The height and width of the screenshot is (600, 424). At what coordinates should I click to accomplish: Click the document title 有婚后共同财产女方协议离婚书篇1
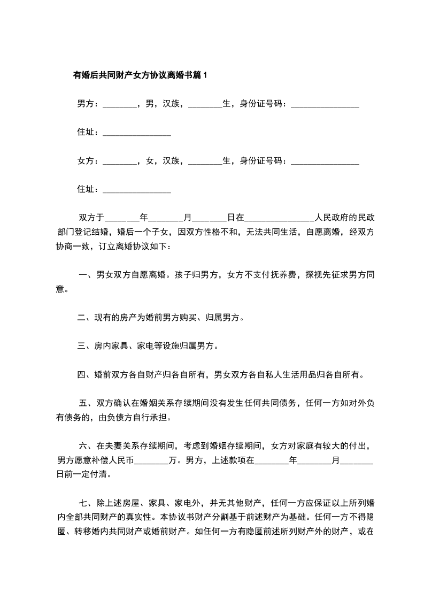[x=140, y=75]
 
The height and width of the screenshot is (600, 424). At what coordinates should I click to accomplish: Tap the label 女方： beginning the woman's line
[x=88, y=160]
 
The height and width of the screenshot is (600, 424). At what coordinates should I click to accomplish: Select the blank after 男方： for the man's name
[x=119, y=105]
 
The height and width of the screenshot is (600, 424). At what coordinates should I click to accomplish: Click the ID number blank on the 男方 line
[x=325, y=105]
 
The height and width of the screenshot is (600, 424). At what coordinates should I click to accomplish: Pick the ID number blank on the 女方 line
[x=325, y=161]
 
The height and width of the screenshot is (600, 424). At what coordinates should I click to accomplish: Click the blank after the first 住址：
[x=136, y=133]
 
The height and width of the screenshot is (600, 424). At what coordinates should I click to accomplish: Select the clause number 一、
[x=86, y=275]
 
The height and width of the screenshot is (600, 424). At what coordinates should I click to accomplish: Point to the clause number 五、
[x=87, y=403]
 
